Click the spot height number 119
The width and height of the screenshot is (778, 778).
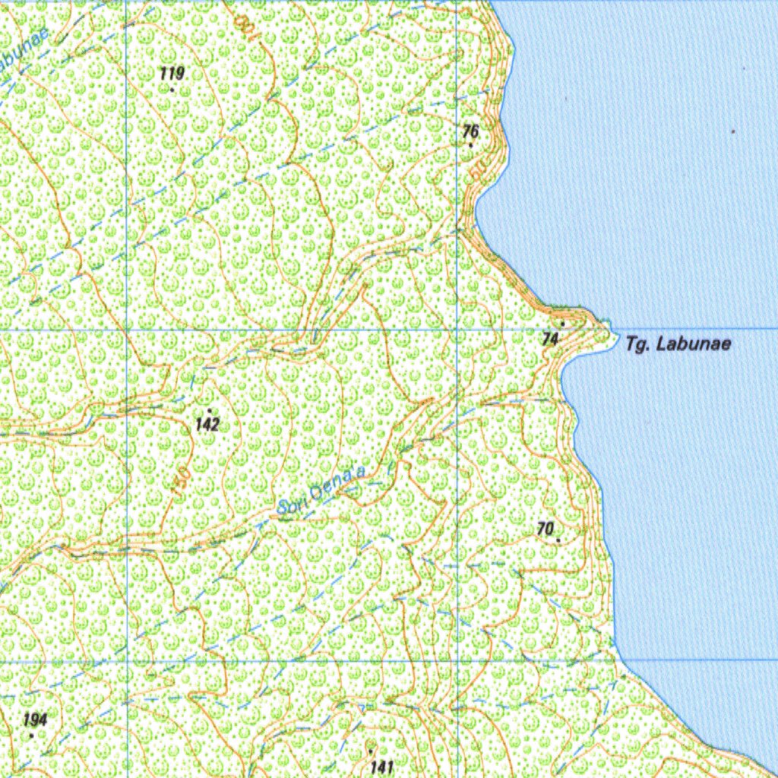coord(172,73)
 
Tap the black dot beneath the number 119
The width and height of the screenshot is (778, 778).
coord(172,90)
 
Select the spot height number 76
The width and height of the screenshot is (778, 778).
coord(471,131)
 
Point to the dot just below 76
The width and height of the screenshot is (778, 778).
coord(471,144)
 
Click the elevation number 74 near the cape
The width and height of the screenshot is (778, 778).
coord(551,340)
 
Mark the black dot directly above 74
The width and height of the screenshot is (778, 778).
coord(562,323)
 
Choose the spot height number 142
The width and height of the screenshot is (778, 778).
coord(207,424)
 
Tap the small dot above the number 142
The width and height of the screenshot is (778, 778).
coord(209,410)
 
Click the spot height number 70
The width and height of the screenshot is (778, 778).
coord(545,528)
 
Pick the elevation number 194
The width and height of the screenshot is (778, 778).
coord(35,719)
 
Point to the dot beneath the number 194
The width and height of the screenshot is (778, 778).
coord(31,735)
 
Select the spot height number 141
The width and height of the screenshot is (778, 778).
coord(381,766)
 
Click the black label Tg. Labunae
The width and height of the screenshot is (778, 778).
coord(678,344)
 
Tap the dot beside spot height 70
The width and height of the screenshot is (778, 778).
coord(558,539)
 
